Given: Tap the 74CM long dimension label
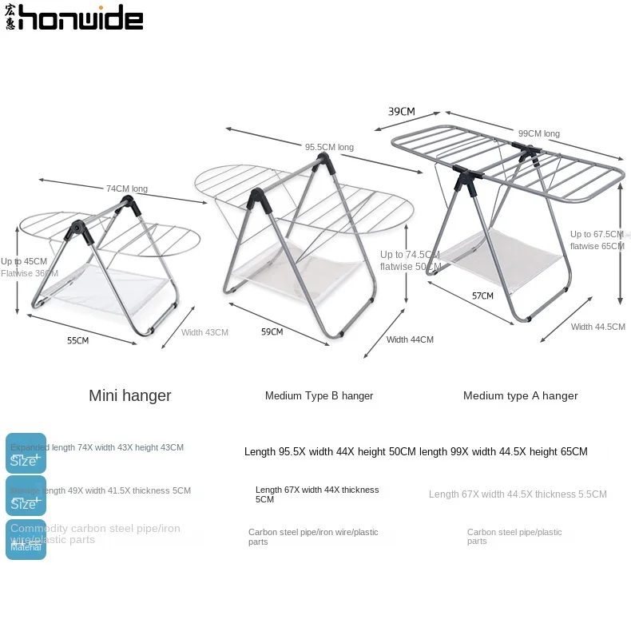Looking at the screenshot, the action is pos(127,189).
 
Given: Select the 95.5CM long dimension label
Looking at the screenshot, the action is pos(329,147).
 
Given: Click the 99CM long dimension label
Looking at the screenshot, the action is pos(539,133).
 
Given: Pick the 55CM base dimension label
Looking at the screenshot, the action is pos(77,340).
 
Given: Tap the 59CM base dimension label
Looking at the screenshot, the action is pos(272,331).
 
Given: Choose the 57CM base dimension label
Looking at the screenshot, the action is pos(482,296).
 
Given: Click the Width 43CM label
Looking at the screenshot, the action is pos(204,332).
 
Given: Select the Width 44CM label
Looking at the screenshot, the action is pos(410,339).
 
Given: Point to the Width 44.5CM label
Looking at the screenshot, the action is pos(598,327).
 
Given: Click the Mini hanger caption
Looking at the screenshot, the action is pos(130,395).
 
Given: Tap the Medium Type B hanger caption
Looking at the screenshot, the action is pos(319,395).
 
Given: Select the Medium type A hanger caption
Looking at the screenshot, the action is pos(520,395).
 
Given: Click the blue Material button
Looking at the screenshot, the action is pos(26,540).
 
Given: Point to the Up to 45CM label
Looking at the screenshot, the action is pos(24,261).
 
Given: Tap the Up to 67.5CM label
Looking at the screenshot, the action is pos(597,234).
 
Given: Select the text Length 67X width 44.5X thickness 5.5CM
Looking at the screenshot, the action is pos(518,494).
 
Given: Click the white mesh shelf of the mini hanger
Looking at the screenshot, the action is pos(108,283).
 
